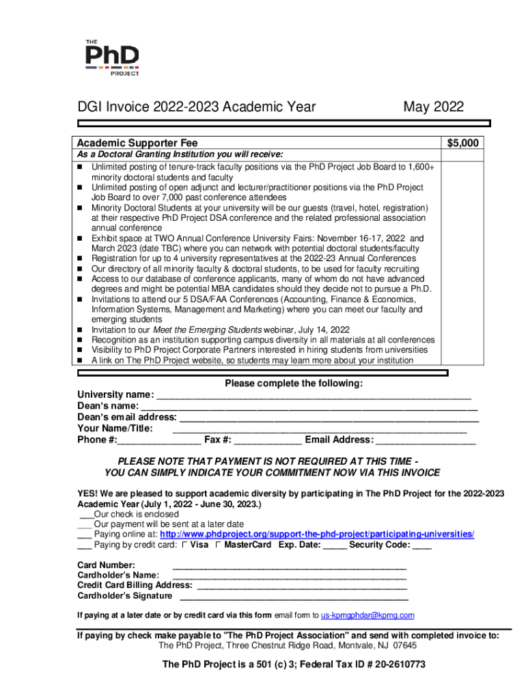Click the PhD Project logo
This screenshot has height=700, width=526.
point(113,57)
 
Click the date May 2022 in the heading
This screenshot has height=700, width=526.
point(433,107)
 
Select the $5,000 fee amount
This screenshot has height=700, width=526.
point(463,143)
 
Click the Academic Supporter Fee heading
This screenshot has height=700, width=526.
point(137,143)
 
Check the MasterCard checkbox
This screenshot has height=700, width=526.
point(218,545)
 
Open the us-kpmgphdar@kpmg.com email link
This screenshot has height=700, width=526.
point(368,615)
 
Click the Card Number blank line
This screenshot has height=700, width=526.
point(290,567)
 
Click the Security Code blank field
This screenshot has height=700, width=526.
point(422,546)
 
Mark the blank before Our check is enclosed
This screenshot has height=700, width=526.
point(85,515)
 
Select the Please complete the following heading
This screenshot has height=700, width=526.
point(294,383)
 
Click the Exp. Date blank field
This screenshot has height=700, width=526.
point(335,546)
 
